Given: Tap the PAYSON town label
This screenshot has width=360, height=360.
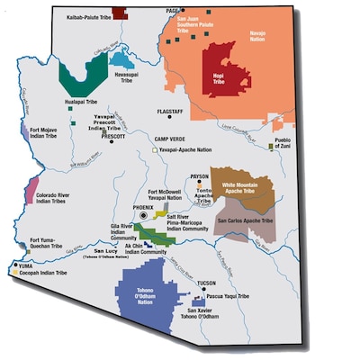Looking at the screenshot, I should [200, 177].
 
